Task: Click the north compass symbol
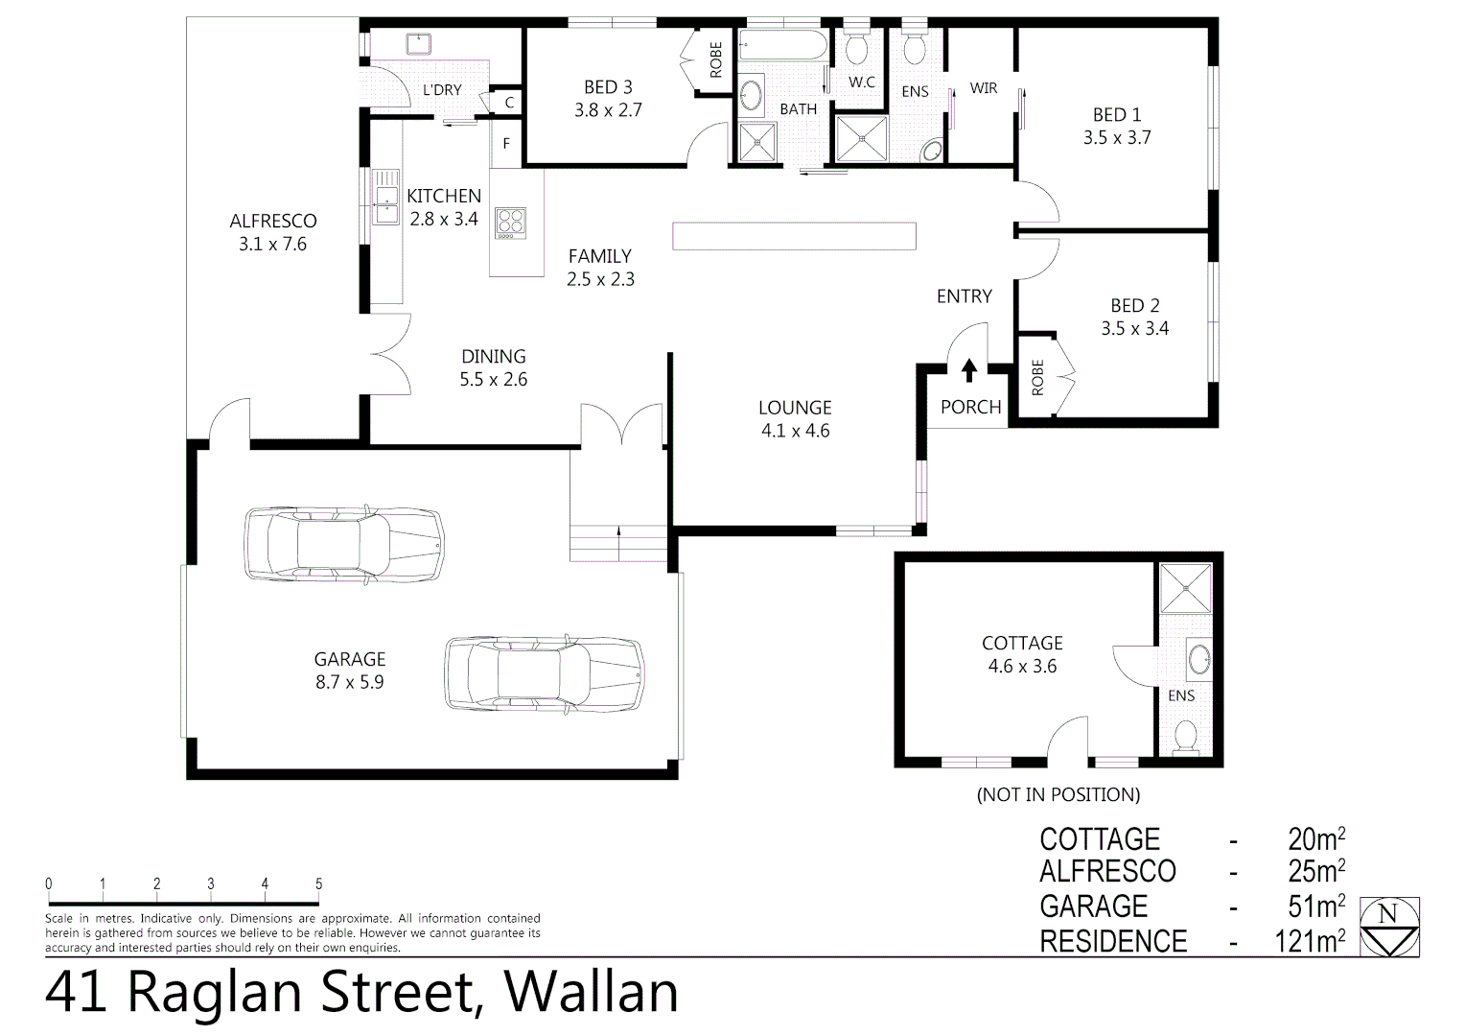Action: point(1387,927)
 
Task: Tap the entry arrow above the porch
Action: point(969,368)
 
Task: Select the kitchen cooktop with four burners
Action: point(509,223)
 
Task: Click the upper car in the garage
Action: point(344,543)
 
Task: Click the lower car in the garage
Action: point(545,672)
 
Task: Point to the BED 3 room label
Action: point(608,87)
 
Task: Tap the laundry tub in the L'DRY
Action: point(419,44)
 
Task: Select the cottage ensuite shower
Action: point(1185,588)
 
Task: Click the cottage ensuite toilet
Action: point(1186,736)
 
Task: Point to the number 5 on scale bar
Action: point(318,884)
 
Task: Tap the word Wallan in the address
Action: point(592,993)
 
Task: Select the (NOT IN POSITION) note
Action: point(1058,794)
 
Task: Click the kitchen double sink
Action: point(385,197)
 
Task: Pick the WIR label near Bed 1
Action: point(983,88)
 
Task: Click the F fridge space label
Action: point(506,144)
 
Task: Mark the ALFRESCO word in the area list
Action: point(1107,871)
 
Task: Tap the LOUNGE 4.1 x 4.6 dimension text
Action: point(795,431)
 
